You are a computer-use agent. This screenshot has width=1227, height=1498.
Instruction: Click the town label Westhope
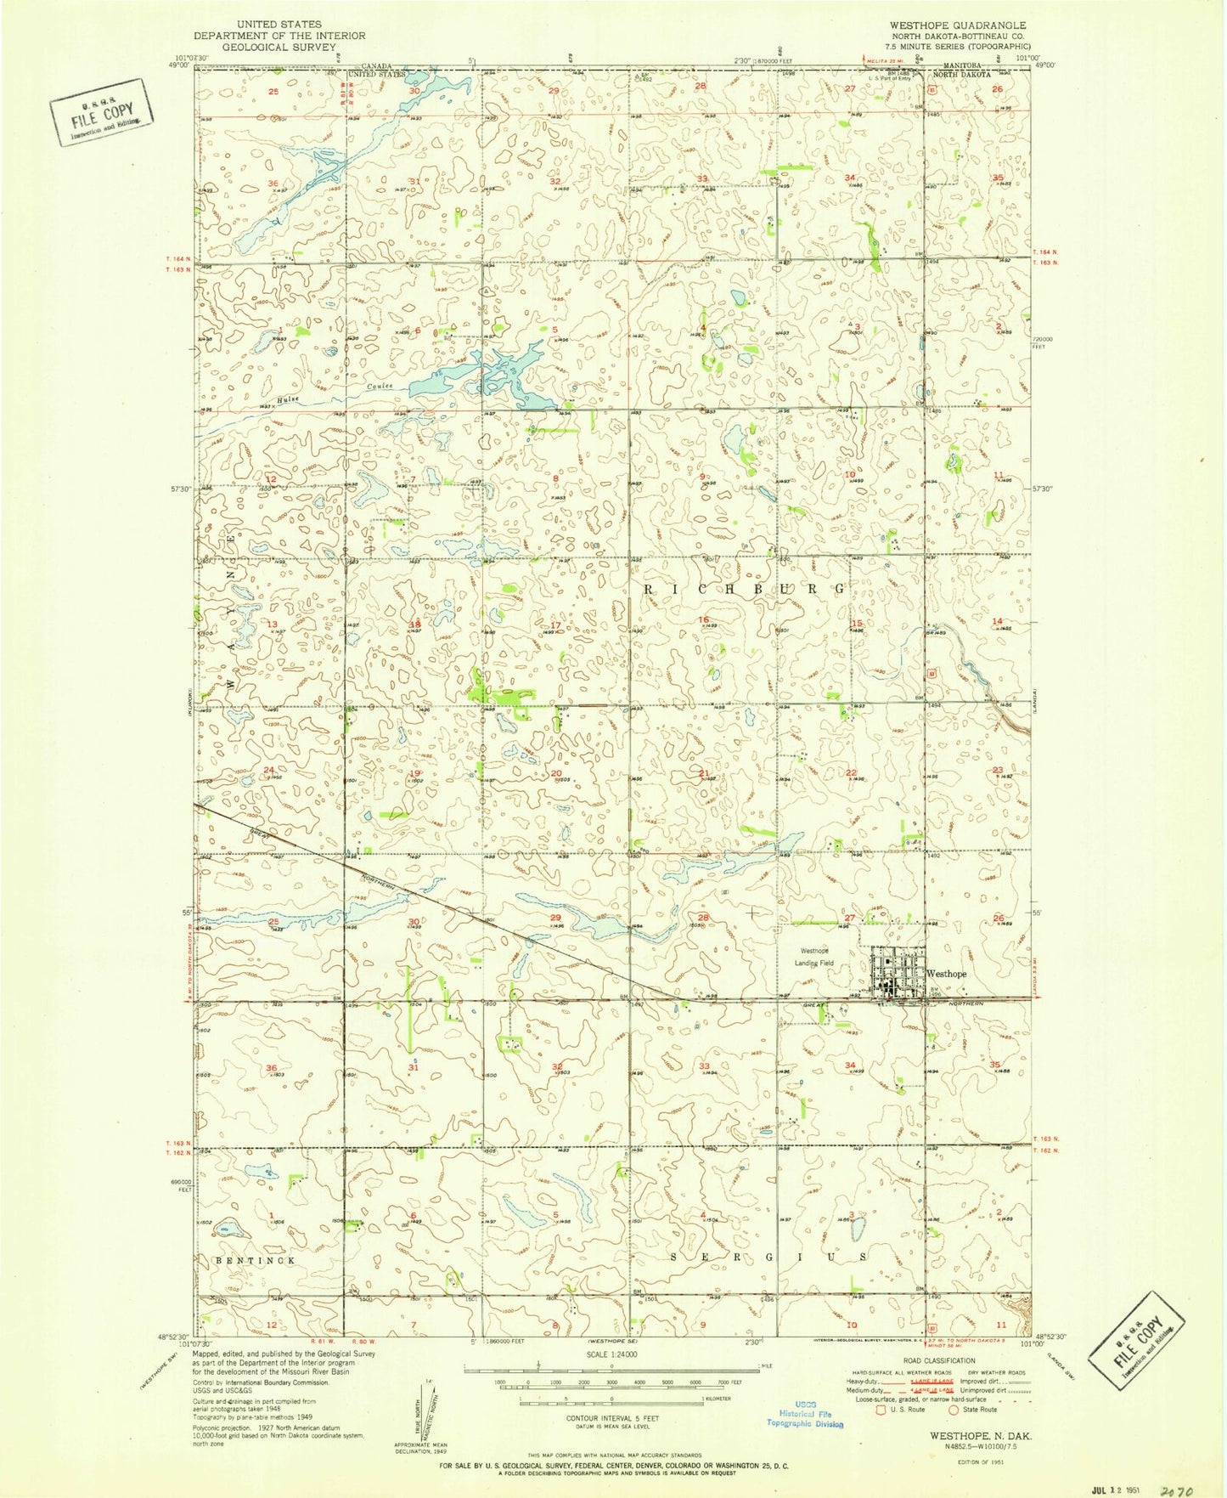point(947,974)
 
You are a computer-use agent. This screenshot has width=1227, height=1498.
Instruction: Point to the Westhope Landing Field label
point(815,957)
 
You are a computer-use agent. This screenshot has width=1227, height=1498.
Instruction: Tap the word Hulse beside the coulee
point(288,399)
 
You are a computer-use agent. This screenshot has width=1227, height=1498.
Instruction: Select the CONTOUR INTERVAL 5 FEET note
point(611,1418)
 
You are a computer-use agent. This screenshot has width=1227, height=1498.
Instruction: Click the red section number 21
point(704,773)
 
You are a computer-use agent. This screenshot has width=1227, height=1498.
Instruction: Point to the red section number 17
point(554,626)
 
